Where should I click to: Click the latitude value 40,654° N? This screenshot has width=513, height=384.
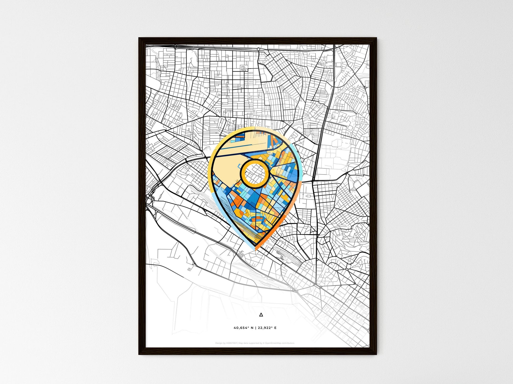[x=243, y=328]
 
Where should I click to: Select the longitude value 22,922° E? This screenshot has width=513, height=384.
[x=267, y=328]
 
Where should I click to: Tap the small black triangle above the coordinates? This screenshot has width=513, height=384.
[x=261, y=315]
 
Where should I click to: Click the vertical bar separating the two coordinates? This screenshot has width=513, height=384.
[x=255, y=328]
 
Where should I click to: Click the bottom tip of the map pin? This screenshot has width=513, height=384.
[x=255, y=248]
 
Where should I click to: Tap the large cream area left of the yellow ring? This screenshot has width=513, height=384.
[x=227, y=168]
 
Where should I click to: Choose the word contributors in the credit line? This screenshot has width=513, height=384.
[x=289, y=343]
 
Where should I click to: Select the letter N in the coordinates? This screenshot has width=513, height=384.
[x=252, y=328]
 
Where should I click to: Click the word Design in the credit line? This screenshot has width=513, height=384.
[x=218, y=343]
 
